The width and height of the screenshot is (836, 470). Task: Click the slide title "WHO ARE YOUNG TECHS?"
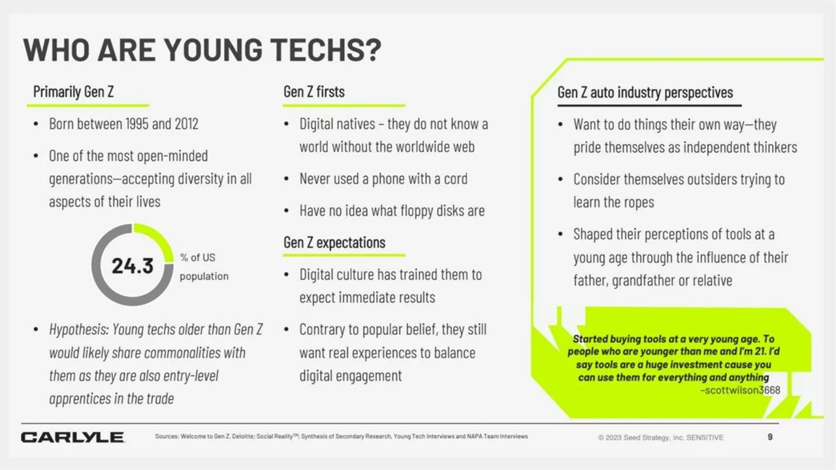[202, 50]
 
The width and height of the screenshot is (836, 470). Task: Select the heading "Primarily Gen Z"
[74, 92]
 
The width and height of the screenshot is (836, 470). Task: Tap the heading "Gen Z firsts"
[314, 92]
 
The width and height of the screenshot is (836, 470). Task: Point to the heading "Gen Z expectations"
[334, 242]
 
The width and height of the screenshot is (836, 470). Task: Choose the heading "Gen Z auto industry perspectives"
[645, 93]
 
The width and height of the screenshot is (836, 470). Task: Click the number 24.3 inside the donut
[133, 266]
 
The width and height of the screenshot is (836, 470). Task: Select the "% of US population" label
[204, 267]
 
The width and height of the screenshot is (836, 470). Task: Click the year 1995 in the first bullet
[137, 124]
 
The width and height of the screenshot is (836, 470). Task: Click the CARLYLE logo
[72, 437]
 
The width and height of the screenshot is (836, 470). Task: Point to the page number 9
[770, 437]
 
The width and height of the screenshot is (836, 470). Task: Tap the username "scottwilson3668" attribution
[741, 390]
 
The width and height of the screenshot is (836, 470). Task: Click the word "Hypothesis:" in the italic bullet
[79, 330]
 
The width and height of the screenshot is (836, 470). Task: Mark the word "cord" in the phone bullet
[456, 179]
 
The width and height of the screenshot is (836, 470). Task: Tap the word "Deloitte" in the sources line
[244, 437]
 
